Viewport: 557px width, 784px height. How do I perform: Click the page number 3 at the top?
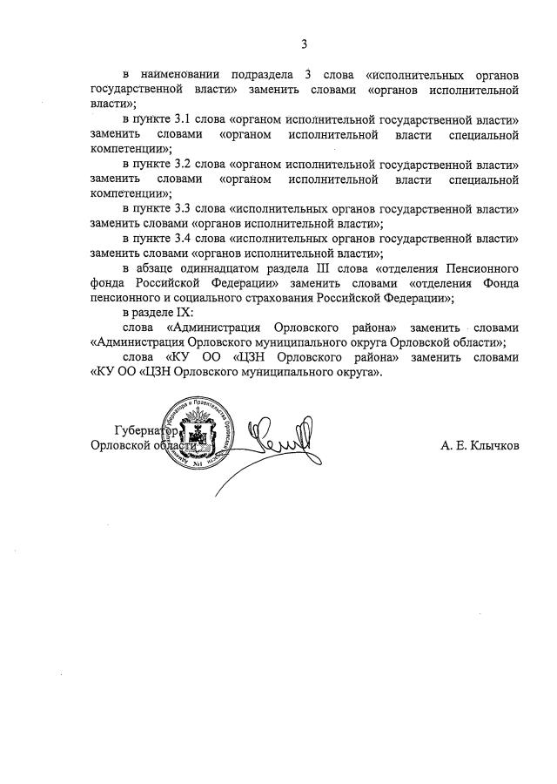pyautogui.click(x=305, y=44)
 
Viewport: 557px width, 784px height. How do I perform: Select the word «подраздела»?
pyautogui.click(x=280, y=76)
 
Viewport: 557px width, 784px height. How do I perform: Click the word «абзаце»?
pyautogui.click(x=157, y=268)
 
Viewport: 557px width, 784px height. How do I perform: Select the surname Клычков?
pyautogui.click(x=495, y=446)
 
